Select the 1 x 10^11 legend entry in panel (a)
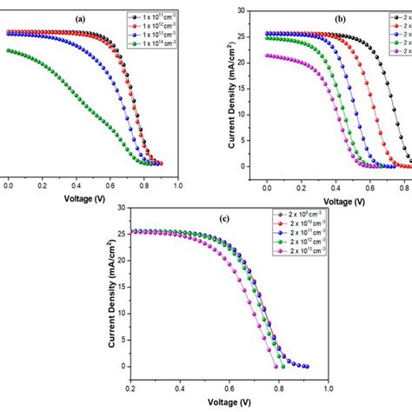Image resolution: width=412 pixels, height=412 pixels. coord(157,16)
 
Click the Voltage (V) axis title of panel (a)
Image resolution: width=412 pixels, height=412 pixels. coord(92,197)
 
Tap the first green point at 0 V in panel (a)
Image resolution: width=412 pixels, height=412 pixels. coord(9,50)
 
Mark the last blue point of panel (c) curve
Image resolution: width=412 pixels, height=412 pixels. coord(306,366)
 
